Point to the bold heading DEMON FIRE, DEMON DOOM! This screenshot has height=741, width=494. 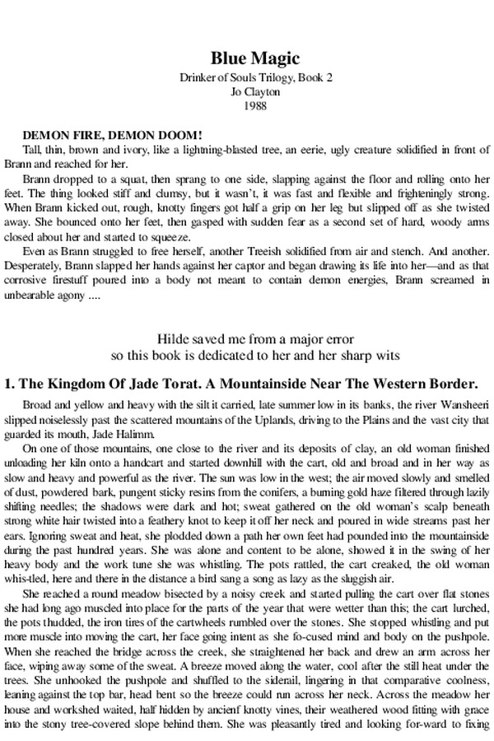[113, 134]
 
